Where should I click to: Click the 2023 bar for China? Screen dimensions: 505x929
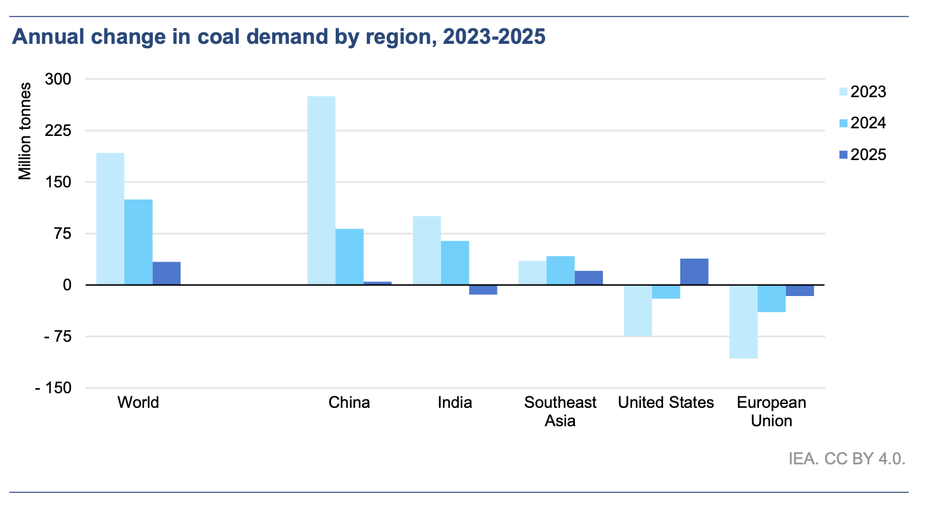click(321, 191)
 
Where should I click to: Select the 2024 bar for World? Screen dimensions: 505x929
click(138, 242)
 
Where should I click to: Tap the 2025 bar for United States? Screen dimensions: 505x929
click(694, 272)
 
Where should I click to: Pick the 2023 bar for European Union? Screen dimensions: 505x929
click(743, 321)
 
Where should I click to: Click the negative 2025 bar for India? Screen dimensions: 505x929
click(483, 290)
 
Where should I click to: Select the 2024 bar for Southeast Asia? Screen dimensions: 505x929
click(560, 271)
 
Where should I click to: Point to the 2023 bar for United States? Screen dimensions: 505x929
click(638, 311)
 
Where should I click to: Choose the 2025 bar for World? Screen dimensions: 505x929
click(166, 273)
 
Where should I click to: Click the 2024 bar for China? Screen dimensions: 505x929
click(350, 257)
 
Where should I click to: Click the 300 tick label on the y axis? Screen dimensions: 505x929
click(60, 79)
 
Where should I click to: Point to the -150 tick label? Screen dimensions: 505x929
click(56, 388)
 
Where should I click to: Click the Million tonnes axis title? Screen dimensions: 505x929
click(25, 131)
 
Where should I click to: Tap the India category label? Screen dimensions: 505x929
click(455, 403)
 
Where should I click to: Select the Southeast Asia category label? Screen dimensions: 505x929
click(560, 411)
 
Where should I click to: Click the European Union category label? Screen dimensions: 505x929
click(771, 411)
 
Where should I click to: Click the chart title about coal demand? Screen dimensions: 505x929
click(279, 37)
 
